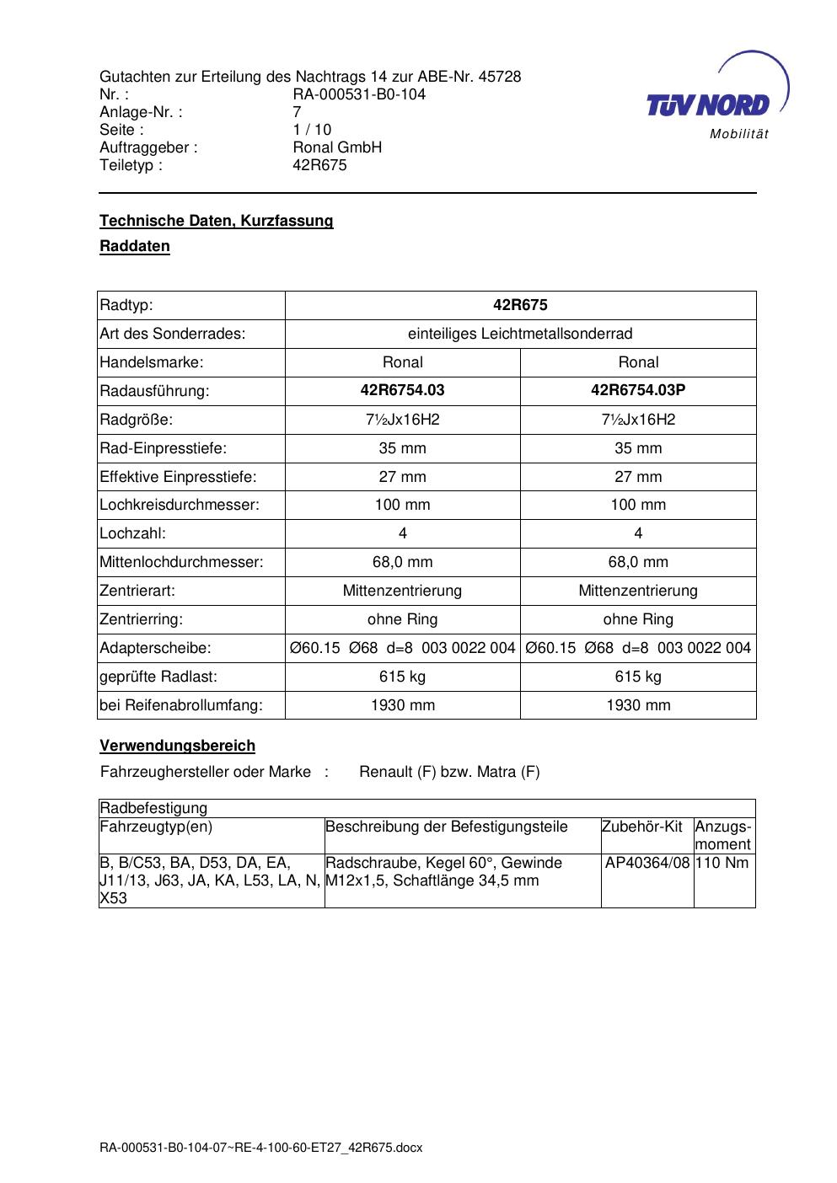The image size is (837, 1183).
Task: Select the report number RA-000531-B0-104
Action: (358, 94)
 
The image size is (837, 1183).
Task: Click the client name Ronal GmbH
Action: (337, 147)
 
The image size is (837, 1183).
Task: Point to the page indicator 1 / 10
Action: (312, 130)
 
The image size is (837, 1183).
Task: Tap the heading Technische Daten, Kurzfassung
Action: (216, 221)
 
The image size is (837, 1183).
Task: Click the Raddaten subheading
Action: (135, 247)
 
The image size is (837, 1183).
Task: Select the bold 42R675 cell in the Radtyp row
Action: (520, 305)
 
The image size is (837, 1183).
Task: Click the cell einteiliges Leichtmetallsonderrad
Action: (520, 334)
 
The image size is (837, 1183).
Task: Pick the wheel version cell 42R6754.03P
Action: (638, 390)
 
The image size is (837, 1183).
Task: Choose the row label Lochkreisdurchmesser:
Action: (180, 506)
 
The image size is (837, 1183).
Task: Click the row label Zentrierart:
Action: (137, 591)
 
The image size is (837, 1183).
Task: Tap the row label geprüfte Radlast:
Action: (158, 677)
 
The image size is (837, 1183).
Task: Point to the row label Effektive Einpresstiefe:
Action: (178, 477)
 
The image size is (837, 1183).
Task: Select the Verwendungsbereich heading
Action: (177, 746)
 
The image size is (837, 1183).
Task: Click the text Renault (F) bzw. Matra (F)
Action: (449, 772)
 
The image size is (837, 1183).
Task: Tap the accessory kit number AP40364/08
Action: (647, 863)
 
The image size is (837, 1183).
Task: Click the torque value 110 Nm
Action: (723, 863)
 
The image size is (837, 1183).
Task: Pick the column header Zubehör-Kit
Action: (641, 827)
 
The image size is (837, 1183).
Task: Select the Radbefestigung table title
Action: (153, 808)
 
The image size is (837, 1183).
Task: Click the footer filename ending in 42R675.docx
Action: (260, 1148)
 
